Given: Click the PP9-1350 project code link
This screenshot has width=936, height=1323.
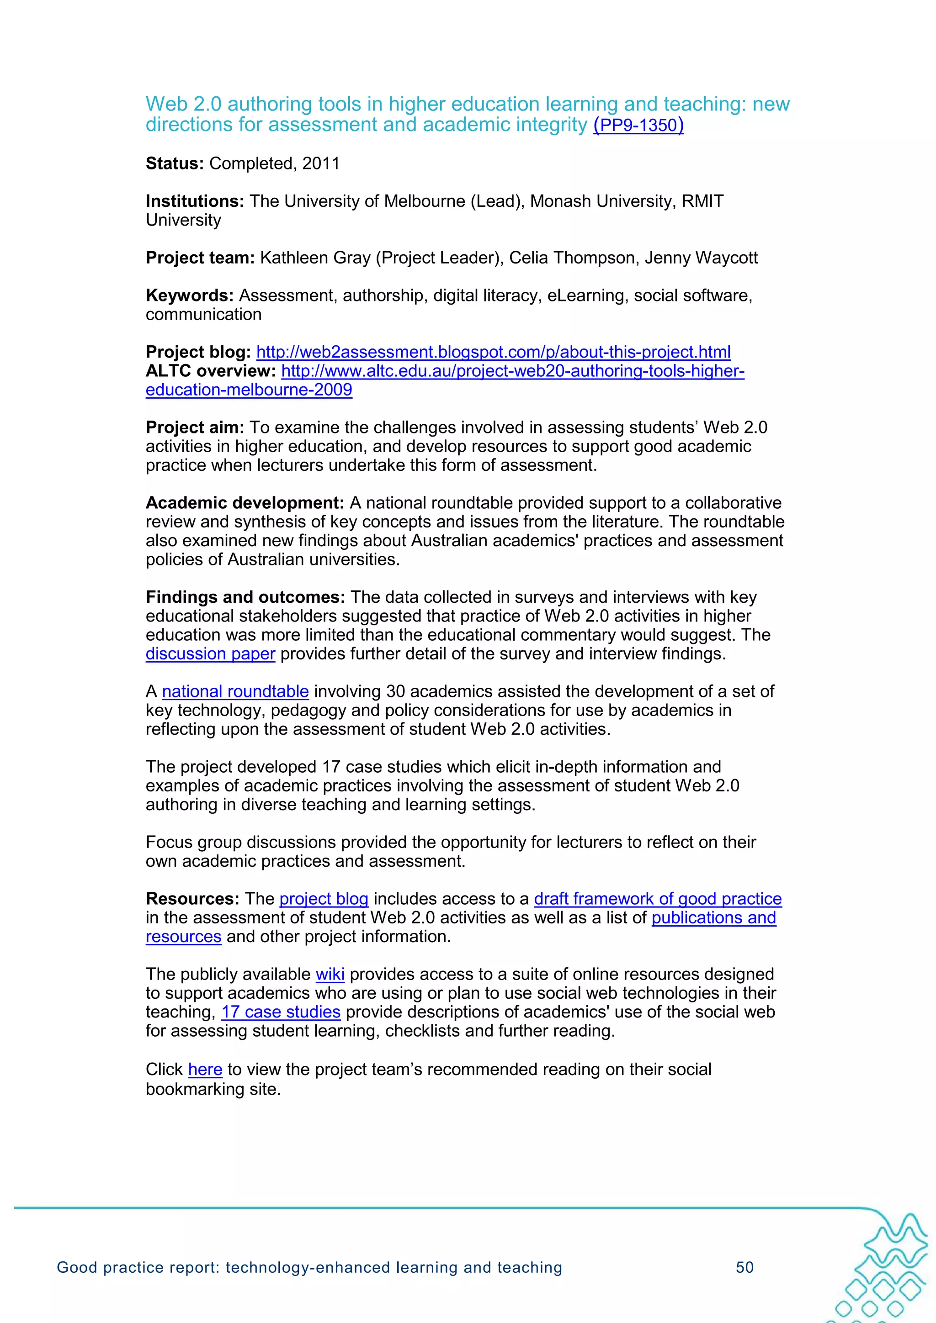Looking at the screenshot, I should coord(638,125).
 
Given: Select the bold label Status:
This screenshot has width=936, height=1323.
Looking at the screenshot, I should coord(175,163).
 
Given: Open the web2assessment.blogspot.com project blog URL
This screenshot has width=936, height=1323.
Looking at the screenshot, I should coord(493,352).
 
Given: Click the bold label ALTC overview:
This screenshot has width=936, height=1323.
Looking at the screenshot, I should coord(211,371).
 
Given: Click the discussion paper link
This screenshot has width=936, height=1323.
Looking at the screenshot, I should coord(210,654).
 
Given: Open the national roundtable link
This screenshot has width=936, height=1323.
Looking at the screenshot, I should coord(235,691).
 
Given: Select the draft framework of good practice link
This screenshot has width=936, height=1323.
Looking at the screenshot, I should coord(658,899).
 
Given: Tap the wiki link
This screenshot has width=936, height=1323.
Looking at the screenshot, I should coord(330,975).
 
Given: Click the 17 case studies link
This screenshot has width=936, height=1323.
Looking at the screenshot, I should coord(281,1012).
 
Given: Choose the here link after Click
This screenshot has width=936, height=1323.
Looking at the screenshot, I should coord(205,1070).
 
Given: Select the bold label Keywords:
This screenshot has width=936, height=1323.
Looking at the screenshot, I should coord(189,295).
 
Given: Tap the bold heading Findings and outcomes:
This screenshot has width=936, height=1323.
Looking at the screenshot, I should coord(245,597).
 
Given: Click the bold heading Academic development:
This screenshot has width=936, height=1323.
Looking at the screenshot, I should coord(245,503).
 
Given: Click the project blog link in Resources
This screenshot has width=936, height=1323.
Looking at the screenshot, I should coord(324,899).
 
